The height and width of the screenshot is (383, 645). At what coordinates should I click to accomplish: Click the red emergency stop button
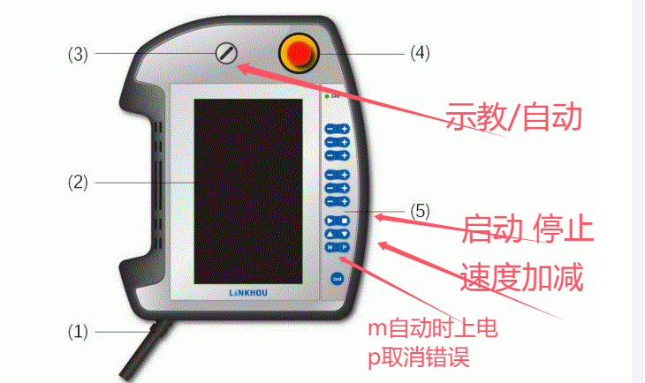[x=298, y=54]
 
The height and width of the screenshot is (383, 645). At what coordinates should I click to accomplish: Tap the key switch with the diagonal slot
[x=226, y=54]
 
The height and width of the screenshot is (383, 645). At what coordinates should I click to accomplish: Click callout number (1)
[x=79, y=332]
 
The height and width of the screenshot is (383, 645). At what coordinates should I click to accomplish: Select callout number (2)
[x=79, y=183]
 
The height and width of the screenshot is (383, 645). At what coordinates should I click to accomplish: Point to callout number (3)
[x=79, y=54]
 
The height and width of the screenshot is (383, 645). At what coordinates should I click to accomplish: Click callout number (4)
[x=419, y=54]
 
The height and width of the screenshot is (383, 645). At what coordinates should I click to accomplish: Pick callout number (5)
[x=420, y=212]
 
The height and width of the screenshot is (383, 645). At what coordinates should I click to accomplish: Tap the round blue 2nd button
[x=338, y=280]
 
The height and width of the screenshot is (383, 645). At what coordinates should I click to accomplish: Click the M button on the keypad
[x=330, y=247]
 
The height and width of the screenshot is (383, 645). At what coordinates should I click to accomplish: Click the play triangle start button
[x=330, y=220]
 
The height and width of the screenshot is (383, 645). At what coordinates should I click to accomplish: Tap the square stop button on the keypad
[x=345, y=220]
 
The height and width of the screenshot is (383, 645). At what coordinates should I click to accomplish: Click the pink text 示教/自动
[x=516, y=116]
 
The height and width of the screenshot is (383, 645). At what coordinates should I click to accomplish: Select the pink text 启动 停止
[x=527, y=229]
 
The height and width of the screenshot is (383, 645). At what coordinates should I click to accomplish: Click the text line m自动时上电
[x=433, y=330]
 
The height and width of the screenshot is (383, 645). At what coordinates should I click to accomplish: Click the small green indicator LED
[x=327, y=94]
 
